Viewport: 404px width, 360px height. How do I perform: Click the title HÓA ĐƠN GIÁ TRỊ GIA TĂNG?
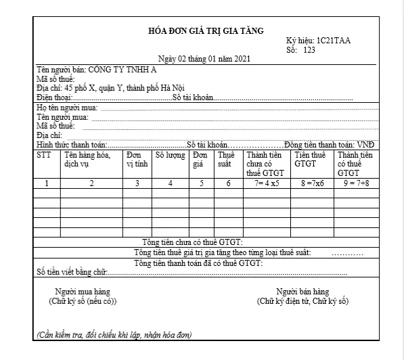pyautogui.click(x=206, y=31)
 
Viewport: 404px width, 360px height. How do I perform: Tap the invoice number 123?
pyautogui.click(x=309, y=50)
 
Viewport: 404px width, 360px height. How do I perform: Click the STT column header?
pyautogui.click(x=44, y=155)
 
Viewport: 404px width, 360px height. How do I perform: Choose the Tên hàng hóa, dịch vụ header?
pyautogui.click(x=86, y=159)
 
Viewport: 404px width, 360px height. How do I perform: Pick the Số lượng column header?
pyautogui.click(x=170, y=155)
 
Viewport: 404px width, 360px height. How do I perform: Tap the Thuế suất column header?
pyautogui.click(x=225, y=159)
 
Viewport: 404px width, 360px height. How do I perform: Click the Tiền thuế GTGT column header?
pyautogui.click(x=307, y=159)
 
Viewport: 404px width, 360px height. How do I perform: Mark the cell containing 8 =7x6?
pyautogui.click(x=312, y=183)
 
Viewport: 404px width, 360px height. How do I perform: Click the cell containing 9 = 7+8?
pyautogui.click(x=355, y=183)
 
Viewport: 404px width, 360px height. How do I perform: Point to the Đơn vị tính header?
pyautogui.click(x=137, y=159)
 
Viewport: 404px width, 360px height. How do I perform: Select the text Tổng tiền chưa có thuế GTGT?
pyautogui.click(x=193, y=242)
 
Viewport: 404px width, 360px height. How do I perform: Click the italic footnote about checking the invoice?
pyautogui.click(x=114, y=335)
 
